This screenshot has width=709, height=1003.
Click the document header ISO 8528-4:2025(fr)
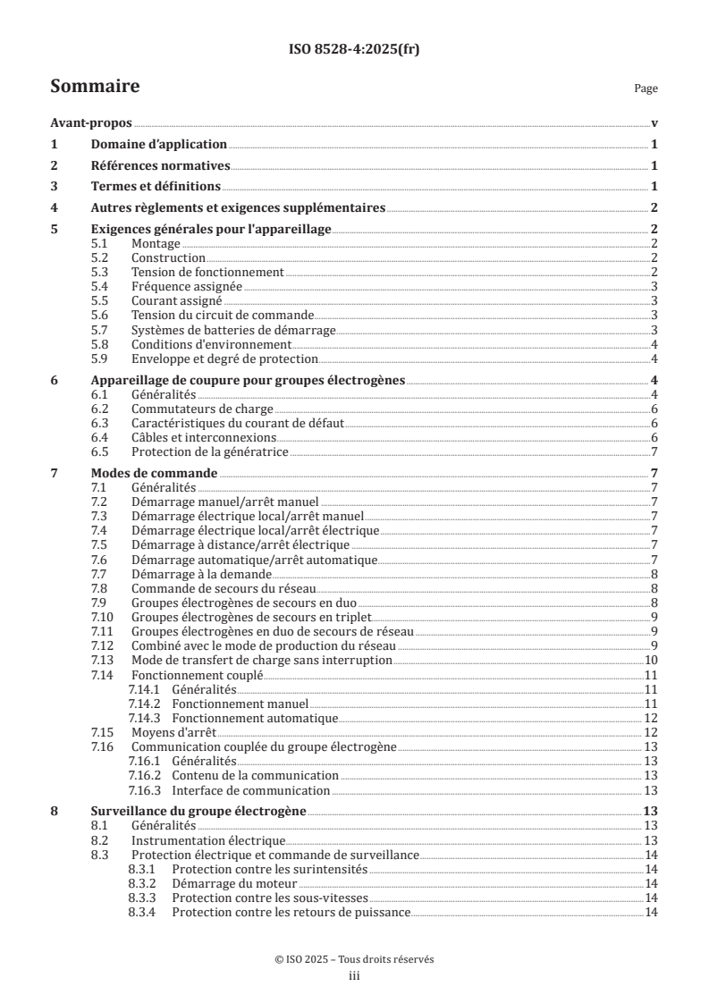click(354, 50)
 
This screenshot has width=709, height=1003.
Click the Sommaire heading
click(95, 87)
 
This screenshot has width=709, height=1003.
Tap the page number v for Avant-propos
click(654, 123)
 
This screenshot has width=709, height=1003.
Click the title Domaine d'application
click(159, 144)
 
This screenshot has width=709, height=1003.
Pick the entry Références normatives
click(161, 165)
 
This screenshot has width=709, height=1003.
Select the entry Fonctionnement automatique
click(255, 717)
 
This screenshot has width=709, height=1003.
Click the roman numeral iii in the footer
click(354, 977)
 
